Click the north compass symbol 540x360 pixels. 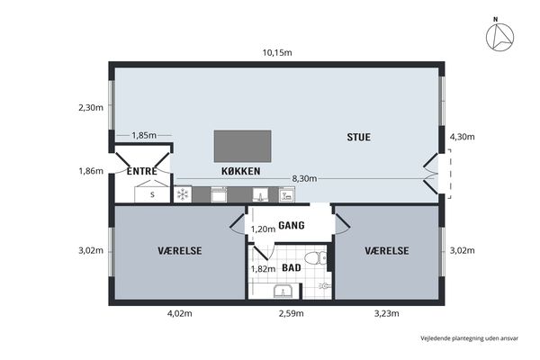(x=499, y=37)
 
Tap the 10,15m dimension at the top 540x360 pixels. (x=277, y=53)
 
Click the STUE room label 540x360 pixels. (x=358, y=137)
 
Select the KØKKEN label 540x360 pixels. (x=240, y=171)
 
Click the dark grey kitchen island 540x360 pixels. (x=242, y=146)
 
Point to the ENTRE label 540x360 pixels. (x=142, y=171)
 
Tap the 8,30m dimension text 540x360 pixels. (x=304, y=178)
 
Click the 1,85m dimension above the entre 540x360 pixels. (x=144, y=135)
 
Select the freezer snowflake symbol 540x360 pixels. (x=183, y=194)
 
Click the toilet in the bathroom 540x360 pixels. (x=316, y=257)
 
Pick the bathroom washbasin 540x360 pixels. (x=283, y=292)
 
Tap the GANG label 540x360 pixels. (x=292, y=225)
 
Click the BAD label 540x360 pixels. (x=292, y=267)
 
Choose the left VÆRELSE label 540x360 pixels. (x=180, y=250)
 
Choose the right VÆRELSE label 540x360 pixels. (x=387, y=250)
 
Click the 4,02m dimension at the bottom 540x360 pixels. (x=180, y=313)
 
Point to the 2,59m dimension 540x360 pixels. (x=292, y=313)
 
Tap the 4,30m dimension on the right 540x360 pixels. (x=463, y=137)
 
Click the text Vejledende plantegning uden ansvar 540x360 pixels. (x=470, y=338)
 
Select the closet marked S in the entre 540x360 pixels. (x=152, y=194)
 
